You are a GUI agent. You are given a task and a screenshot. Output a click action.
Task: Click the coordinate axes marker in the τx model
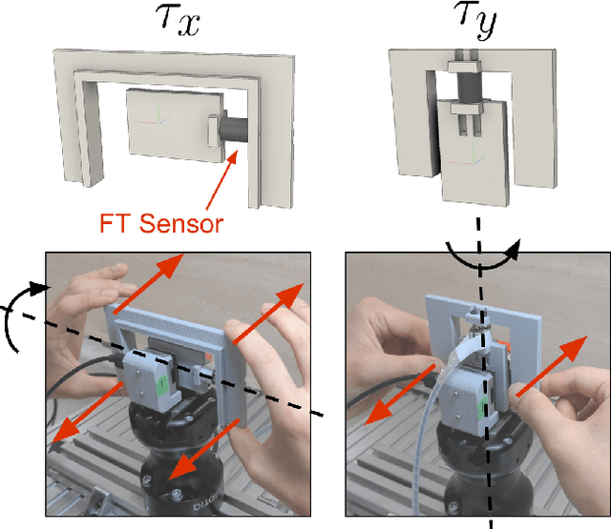[x=153, y=121]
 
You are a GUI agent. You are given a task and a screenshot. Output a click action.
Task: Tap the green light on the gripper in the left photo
[x=161, y=382]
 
